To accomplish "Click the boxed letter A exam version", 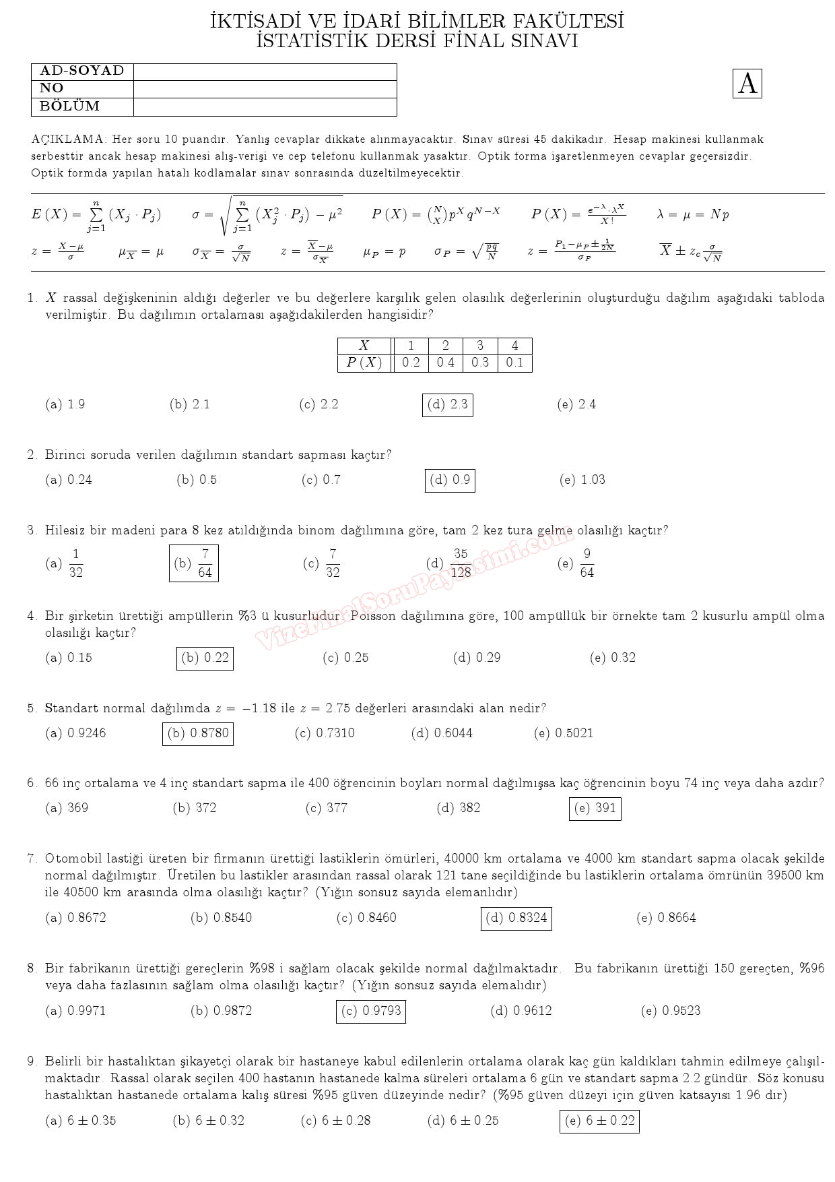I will coord(747,84).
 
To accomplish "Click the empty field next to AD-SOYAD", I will coord(265,71).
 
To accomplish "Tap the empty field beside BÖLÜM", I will coord(265,106).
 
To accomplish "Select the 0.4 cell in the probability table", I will coord(445,363).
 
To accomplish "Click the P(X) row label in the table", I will coord(364,363).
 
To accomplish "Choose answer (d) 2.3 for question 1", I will coord(448,405).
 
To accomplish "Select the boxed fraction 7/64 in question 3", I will coord(194,563).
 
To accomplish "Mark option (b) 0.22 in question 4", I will coord(205,658).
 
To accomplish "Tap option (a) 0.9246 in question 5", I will coord(75,733).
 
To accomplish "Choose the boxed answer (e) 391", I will coord(595,808).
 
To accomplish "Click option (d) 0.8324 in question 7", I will coord(516,918).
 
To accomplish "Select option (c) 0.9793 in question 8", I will coord(371,1011).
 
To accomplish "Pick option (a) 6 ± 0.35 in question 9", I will coord(81,1121).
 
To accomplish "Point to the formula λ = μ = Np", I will coord(693,214).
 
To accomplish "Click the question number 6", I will coord(32,783).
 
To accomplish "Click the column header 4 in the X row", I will coord(514,346).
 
